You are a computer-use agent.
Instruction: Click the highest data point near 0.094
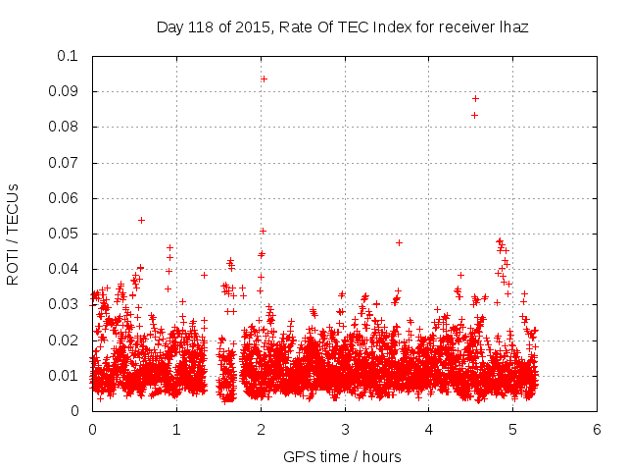click(x=264, y=78)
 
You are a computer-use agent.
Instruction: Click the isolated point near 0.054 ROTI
click(x=142, y=220)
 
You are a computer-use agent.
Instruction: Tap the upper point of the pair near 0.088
click(x=475, y=98)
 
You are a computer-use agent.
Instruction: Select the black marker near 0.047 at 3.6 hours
click(x=399, y=242)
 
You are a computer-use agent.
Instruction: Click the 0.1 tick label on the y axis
click(x=69, y=56)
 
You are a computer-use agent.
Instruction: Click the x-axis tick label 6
click(x=597, y=430)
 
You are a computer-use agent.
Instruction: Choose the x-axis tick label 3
click(x=345, y=430)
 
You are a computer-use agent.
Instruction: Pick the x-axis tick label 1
click(x=176, y=430)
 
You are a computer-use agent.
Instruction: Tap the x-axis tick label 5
click(x=512, y=430)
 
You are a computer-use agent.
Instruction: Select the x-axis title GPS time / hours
click(x=342, y=456)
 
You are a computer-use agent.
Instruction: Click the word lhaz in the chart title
click(x=512, y=27)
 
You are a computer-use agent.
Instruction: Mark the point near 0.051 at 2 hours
click(x=263, y=231)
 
